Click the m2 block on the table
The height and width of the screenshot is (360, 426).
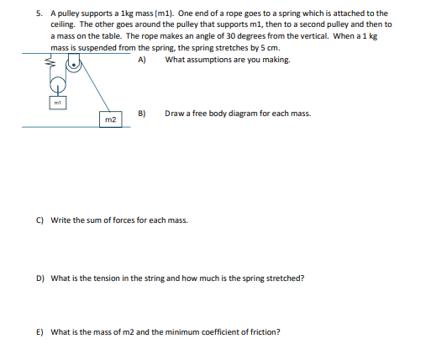(110, 119)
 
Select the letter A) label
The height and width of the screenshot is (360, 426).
(142, 61)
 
